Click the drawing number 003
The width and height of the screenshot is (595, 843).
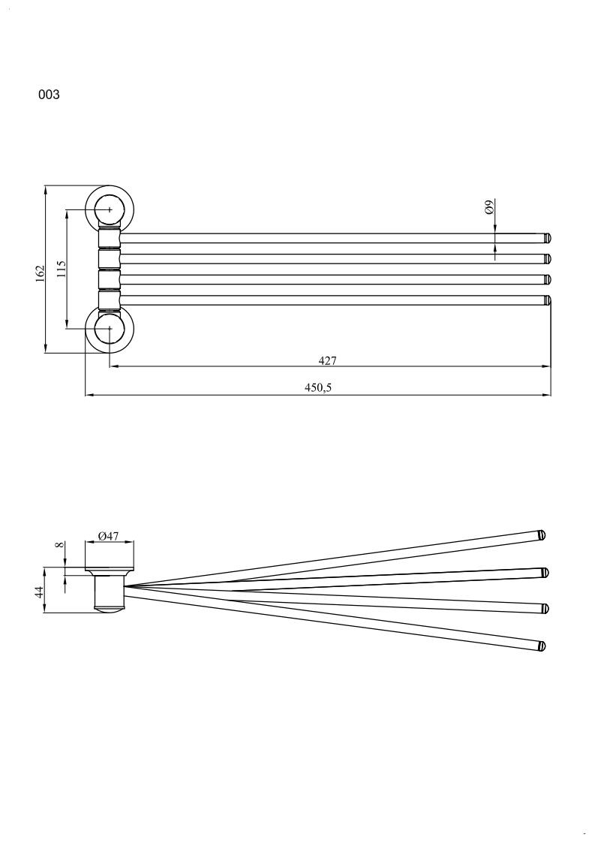click(49, 95)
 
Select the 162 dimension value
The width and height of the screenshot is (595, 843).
click(41, 270)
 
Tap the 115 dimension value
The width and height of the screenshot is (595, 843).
click(62, 269)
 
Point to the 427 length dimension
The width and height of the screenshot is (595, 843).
click(327, 360)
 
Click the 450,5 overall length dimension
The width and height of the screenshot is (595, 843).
click(318, 387)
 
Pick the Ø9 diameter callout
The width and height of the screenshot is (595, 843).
click(488, 207)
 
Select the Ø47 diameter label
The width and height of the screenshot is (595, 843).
click(109, 536)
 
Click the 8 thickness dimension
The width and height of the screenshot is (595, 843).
click(60, 545)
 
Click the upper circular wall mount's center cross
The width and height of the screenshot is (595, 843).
click(110, 209)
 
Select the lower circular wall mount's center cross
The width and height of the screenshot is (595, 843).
click(110, 329)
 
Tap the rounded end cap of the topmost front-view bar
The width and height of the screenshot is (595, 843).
click(548, 238)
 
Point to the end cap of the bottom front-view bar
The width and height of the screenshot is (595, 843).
click(548, 300)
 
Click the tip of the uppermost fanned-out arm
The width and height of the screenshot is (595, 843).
click(542, 535)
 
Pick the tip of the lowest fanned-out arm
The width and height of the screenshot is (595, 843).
click(542, 646)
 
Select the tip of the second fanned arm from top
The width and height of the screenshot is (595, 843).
click(545, 573)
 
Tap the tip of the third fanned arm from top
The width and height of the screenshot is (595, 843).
click(544, 608)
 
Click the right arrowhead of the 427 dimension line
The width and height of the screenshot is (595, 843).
click(547, 367)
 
